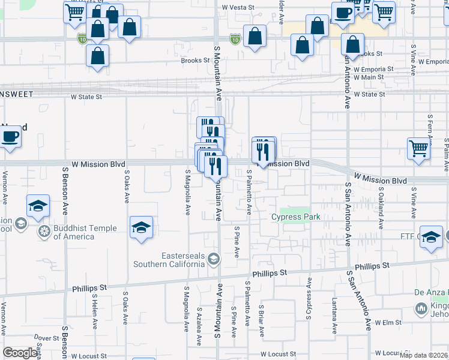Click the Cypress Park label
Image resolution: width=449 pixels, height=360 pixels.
pyautogui.click(x=295, y=217)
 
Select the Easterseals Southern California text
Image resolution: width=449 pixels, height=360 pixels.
pyautogui.click(x=169, y=259)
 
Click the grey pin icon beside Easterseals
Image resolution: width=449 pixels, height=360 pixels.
pyautogui.click(x=214, y=259)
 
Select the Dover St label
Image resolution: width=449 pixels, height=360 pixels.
pyautogui.click(x=46, y=338)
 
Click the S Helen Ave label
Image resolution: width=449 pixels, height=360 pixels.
pyautogui.click(x=95, y=311)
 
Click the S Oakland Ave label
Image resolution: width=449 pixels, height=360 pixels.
pyautogui.click(x=381, y=207)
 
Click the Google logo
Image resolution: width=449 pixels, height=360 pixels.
pyautogui.click(x=20, y=353)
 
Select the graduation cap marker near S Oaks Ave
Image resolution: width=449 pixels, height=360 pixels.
pyautogui.click(x=142, y=227)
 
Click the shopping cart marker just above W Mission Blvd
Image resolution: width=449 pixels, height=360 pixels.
pyautogui.click(x=419, y=149)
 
